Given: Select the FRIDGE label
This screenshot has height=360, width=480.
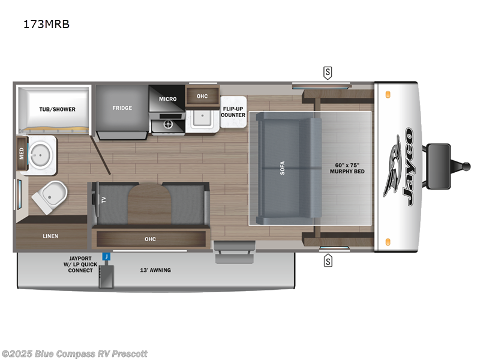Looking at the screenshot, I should (x=122, y=108).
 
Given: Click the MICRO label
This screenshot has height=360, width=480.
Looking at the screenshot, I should (x=167, y=98).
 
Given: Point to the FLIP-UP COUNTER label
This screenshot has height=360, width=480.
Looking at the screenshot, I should (x=233, y=111).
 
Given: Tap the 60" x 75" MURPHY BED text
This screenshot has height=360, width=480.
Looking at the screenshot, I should (x=347, y=168).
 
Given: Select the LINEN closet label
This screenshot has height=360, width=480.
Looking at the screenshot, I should (x=50, y=236).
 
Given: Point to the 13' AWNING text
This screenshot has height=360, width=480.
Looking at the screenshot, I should (x=156, y=270).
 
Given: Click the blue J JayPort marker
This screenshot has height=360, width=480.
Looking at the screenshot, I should (x=106, y=256).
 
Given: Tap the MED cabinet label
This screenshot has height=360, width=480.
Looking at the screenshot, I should (x=22, y=152).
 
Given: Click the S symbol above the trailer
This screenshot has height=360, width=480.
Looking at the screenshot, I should (x=328, y=73).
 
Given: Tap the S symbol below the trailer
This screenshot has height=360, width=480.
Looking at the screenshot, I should (x=328, y=261).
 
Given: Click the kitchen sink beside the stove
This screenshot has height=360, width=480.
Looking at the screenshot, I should (x=202, y=118).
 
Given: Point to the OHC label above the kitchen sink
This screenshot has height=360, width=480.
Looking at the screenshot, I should (x=202, y=95).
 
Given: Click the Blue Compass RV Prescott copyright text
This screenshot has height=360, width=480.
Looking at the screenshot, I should (x=74, y=353).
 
